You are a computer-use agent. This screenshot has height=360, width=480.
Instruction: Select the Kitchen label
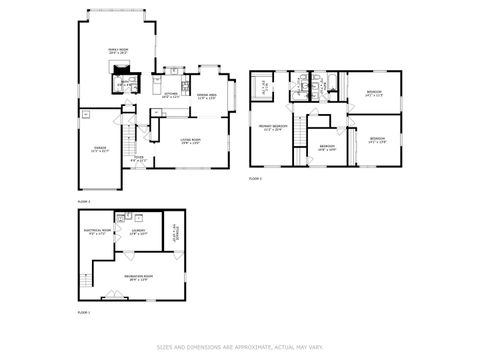(x=170, y=96)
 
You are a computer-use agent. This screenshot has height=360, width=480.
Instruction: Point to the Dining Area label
(x=208, y=96)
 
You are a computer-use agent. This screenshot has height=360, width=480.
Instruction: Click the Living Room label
(x=190, y=140)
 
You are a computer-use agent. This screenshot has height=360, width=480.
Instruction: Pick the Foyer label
(x=139, y=158)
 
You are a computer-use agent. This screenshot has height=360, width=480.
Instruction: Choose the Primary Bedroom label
(x=273, y=127)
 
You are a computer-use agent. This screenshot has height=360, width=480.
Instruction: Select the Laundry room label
(x=136, y=233)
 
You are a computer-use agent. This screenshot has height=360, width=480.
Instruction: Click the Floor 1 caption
(x=84, y=313)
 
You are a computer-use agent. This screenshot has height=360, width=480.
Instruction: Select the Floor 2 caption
(x=84, y=201)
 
